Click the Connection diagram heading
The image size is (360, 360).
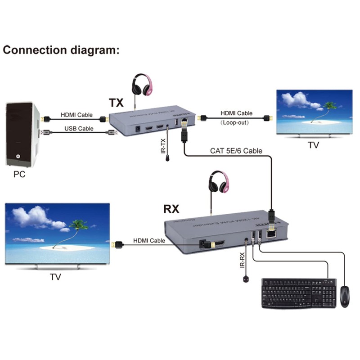[x=62, y=49]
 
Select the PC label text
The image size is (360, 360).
[x=19, y=174]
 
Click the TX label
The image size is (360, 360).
[x=116, y=103]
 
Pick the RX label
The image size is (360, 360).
[x=171, y=209]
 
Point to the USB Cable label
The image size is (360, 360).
[x=79, y=128]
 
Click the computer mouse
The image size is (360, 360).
[x=345, y=296]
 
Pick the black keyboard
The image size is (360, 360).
[x=299, y=293]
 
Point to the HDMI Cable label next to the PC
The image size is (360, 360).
[x=76, y=115]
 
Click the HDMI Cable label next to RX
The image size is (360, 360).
[x=149, y=241]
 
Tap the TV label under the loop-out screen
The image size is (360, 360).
[x=314, y=145]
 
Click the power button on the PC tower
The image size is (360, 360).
[x=18, y=157]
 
